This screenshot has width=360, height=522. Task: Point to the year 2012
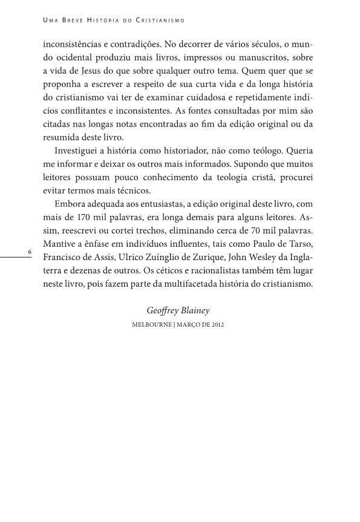click(218, 325)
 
